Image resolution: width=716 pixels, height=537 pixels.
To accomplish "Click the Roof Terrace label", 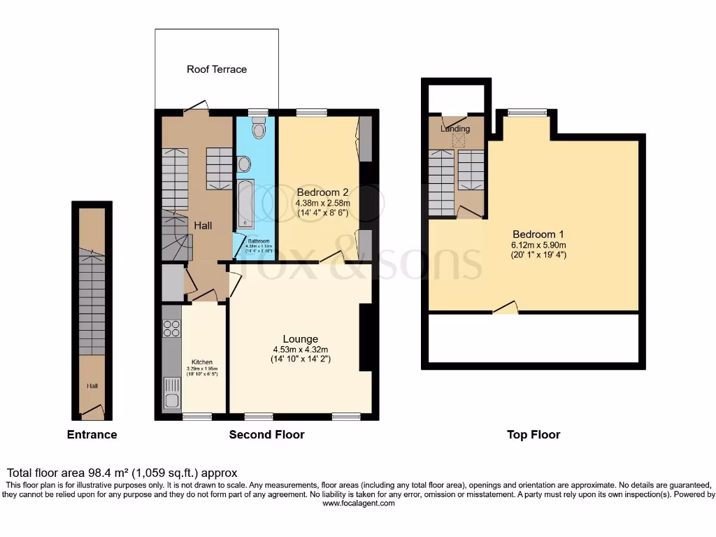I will point(216,69).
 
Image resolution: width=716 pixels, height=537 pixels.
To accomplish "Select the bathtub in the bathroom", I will point(246,203).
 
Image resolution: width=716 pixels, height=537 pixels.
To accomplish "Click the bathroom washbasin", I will point(243,164).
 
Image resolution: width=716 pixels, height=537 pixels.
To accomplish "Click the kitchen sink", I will point(172,394).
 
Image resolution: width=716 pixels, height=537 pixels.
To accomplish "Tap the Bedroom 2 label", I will point(322,192).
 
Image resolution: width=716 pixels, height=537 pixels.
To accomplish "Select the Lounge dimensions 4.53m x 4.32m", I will point(301,350).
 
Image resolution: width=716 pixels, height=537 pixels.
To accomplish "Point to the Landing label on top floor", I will point(455,129).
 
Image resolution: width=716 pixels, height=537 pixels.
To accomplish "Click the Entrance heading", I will point(92,435).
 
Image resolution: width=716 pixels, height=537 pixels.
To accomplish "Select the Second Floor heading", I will point(266,435).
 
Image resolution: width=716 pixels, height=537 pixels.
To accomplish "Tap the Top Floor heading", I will point(534,435).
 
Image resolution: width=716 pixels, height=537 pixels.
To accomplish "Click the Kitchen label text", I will point(202,362).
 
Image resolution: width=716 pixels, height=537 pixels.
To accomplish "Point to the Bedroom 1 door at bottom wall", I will point(506,309).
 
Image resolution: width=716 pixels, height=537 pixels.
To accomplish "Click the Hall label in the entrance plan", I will point(92,385).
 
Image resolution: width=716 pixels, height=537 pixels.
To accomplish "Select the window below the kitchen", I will point(196,417).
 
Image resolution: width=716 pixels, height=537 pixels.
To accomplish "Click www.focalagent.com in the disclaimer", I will point(357,502).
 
